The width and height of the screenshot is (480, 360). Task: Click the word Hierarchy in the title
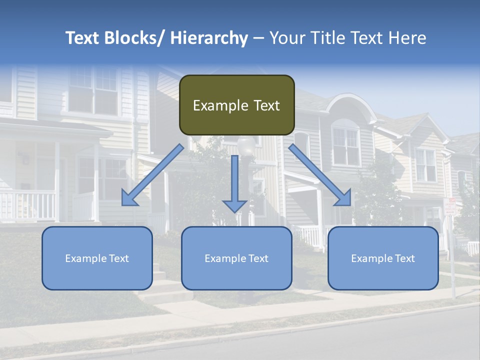[209, 38]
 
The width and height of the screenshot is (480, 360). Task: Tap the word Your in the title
[288, 38]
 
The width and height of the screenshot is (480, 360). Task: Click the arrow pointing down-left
[152, 175]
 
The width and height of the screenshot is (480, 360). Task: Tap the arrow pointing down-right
[320, 175]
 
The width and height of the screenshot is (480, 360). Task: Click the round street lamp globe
[246, 146]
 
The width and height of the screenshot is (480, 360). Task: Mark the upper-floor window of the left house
[93, 90]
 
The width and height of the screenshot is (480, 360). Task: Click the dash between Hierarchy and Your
[258, 38]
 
